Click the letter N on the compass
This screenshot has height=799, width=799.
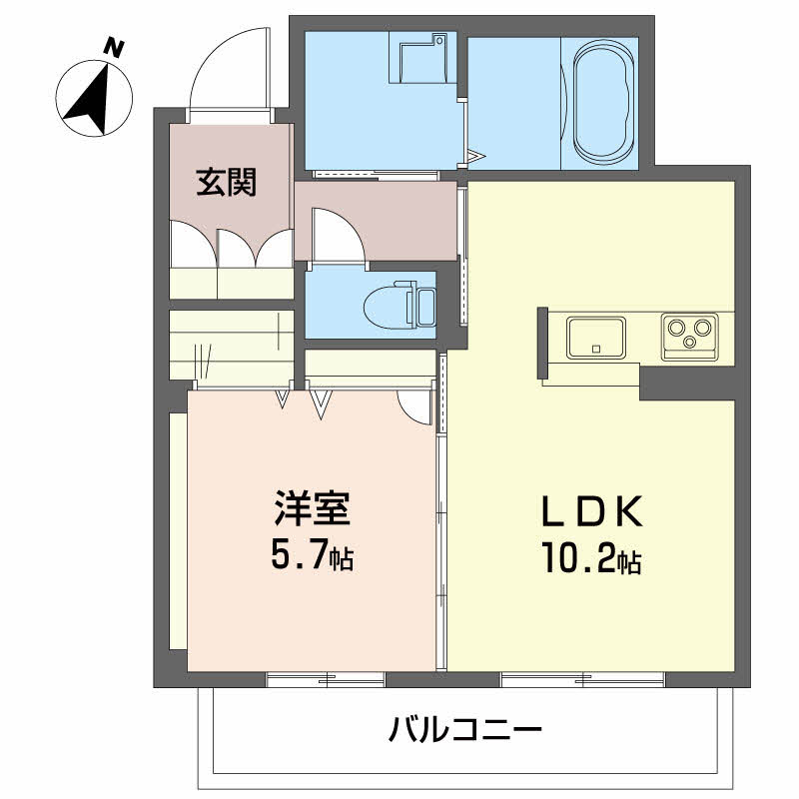114,48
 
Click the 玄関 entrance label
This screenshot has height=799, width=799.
227,182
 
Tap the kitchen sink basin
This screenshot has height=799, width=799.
596,337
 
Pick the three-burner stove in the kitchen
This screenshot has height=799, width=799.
690,337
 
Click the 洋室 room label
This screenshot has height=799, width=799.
313,508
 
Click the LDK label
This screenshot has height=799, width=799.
591,511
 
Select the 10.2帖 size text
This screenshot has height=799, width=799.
591,558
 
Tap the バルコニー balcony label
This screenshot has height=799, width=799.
465,730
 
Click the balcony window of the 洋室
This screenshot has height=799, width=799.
326,679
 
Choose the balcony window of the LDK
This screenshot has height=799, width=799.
583,679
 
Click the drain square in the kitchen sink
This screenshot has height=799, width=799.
596,349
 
